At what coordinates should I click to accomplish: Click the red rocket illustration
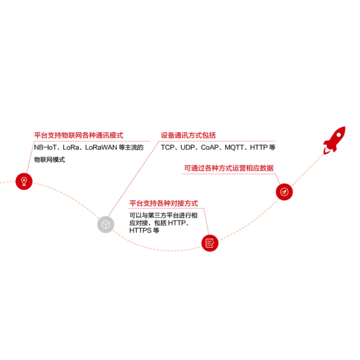click(334, 139)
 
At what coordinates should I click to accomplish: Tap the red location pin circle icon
click(24, 182)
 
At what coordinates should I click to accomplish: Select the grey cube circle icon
click(106, 225)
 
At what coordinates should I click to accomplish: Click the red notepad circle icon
click(210, 243)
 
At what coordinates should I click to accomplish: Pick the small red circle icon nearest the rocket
click(284, 192)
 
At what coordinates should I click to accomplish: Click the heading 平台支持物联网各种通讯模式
click(79, 135)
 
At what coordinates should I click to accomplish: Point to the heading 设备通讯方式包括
click(188, 135)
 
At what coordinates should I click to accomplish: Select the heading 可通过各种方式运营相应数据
click(229, 168)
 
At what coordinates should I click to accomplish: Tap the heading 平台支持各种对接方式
click(164, 203)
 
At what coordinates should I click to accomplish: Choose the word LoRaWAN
click(101, 147)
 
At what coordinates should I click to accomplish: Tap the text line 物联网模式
click(50, 160)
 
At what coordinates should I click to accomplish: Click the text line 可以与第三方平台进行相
click(163, 215)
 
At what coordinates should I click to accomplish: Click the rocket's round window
click(339, 134)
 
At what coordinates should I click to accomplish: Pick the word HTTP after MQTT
click(258, 147)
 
